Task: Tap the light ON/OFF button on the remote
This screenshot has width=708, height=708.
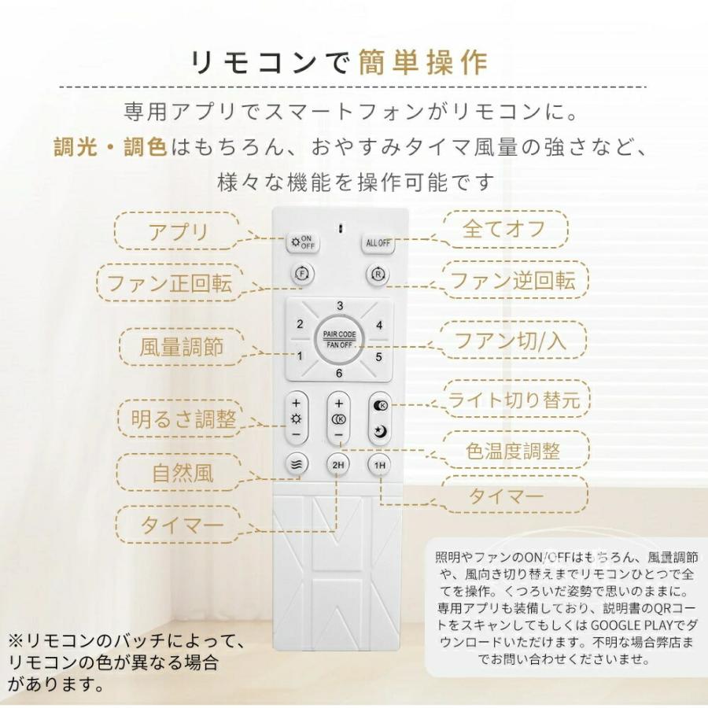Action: pos(301,242)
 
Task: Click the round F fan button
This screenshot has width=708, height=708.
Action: pos(301,275)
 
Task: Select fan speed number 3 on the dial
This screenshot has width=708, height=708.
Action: pos(339,306)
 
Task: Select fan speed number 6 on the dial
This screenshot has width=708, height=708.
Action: pos(339,374)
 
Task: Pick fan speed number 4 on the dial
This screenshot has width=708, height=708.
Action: pos(378,324)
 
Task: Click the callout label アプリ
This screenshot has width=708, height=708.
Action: pos(179,232)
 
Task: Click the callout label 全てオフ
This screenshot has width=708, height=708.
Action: pos(514,230)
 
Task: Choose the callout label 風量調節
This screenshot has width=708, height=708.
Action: pos(182,346)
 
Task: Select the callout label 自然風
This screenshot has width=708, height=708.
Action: pos(183,474)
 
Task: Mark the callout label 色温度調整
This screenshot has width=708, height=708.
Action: pos(513,451)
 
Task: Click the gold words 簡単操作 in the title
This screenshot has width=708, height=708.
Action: pos(423,62)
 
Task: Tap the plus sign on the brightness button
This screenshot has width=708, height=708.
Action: pos(296,404)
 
